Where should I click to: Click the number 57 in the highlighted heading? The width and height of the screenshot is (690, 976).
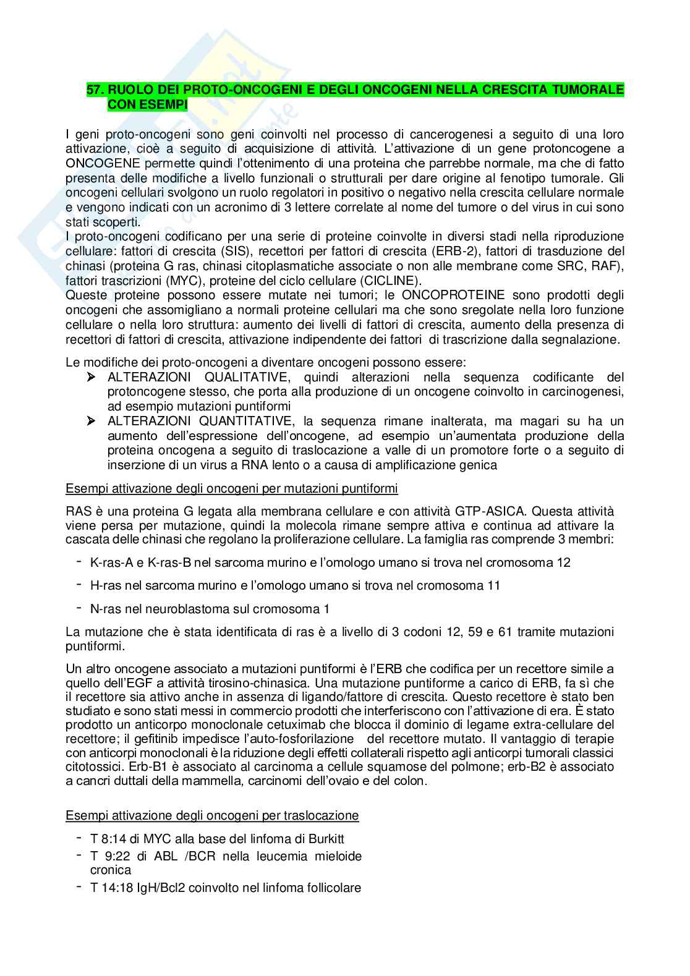coord(94,90)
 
